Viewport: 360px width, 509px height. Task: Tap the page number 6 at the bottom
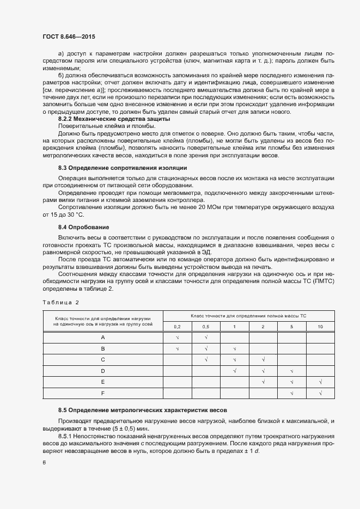click(x=44, y=462)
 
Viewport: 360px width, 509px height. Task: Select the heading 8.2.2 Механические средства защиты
click(x=114, y=119)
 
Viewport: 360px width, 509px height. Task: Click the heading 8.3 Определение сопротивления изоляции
click(x=123, y=168)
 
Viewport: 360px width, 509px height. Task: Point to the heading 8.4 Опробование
click(x=84, y=226)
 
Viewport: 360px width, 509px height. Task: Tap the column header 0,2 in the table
click(x=177, y=326)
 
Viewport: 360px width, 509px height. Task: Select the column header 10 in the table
click(x=320, y=326)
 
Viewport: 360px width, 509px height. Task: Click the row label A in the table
click(x=103, y=338)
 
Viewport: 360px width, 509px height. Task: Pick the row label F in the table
click(x=103, y=393)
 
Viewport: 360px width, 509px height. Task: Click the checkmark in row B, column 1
click(x=234, y=348)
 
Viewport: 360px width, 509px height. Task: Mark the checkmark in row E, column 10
click(x=320, y=382)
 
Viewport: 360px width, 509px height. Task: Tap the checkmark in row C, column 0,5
click(x=206, y=359)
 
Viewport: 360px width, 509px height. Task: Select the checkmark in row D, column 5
click(x=292, y=371)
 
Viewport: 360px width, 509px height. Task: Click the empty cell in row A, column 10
click(x=320, y=338)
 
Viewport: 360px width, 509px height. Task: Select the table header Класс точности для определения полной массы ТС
click(x=248, y=315)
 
